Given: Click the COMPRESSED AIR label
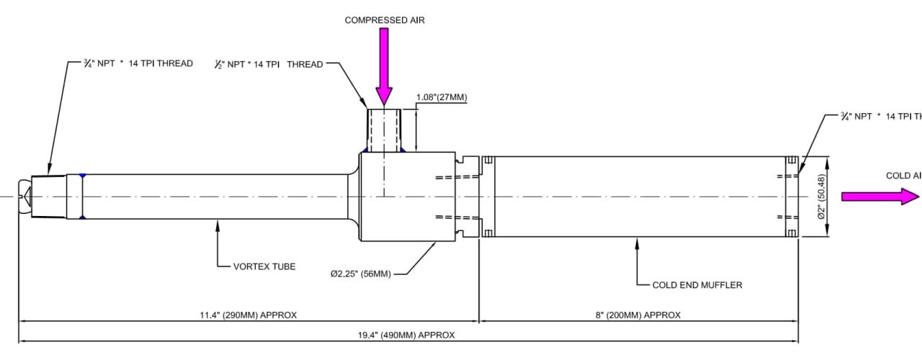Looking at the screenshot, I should [385, 20].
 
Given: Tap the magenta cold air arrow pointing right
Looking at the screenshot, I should [880, 197].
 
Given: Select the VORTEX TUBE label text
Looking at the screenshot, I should [264, 266].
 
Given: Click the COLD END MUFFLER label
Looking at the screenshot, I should [697, 285].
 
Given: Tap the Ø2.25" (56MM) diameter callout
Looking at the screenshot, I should [360, 274].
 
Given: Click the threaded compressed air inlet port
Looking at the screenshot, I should [384, 130].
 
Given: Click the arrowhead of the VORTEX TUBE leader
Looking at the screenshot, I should [218, 224].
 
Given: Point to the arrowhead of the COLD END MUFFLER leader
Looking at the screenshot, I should [637, 243].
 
